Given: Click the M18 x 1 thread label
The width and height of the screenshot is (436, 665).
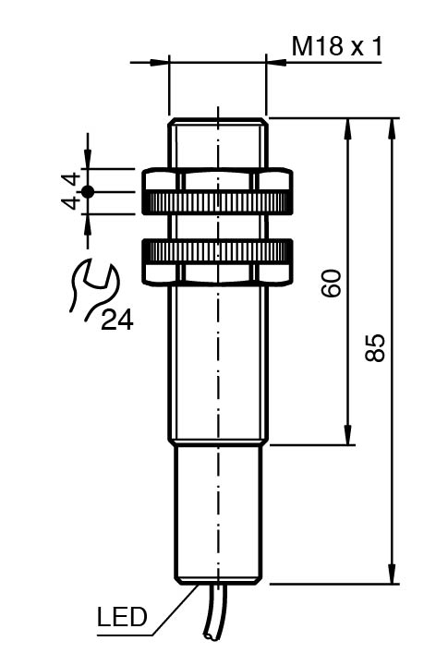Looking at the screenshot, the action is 337,46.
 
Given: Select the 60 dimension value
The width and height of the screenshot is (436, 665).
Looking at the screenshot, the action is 332,283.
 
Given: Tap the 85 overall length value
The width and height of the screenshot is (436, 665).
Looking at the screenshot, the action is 375,348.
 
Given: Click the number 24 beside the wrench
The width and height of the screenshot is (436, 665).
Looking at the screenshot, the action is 117,320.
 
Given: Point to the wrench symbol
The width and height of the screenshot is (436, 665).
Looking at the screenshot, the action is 94,288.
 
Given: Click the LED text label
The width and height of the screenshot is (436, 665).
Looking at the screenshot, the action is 122,617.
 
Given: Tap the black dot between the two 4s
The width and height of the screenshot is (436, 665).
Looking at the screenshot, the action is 88,192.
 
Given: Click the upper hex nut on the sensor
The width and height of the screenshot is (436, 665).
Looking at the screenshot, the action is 217,191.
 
